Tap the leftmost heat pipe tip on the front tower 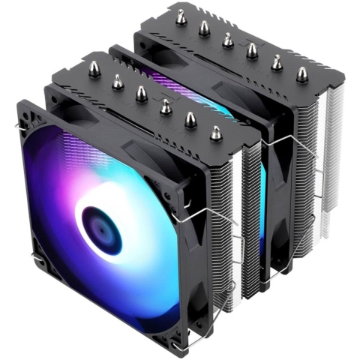point(94,68)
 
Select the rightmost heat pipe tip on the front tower point(216,133)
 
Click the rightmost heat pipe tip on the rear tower point(301,73)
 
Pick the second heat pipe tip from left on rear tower point(203,28)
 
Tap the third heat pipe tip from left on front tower point(140,93)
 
